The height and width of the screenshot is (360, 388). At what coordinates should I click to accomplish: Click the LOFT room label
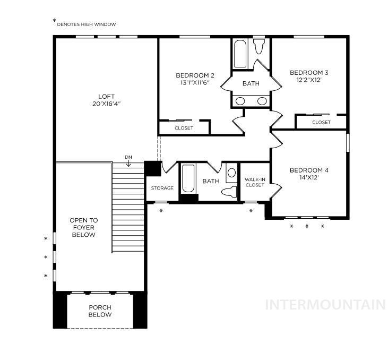tap(106, 97)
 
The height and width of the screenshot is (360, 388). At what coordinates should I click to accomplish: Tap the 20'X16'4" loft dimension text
tap(106, 104)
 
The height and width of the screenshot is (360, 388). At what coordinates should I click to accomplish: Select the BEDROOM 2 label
tap(195, 75)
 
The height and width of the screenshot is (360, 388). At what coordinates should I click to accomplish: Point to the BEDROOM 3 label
tap(309, 73)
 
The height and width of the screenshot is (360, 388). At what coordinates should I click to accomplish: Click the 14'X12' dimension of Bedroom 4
tap(309, 178)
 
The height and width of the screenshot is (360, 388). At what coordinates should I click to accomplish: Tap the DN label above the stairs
tap(128, 157)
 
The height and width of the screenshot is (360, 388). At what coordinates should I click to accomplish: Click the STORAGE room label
tap(162, 188)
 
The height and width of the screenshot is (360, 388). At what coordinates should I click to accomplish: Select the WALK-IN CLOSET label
tap(254, 182)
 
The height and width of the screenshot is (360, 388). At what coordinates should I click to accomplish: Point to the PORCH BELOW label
tap(100, 311)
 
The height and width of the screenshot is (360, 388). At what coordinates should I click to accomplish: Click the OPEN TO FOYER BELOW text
tap(83, 227)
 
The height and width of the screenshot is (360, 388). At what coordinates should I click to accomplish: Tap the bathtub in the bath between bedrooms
tap(240, 54)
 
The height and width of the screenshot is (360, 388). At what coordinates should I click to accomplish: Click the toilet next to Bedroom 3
tap(259, 47)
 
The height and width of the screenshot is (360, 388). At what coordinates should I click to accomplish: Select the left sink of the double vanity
tap(240, 101)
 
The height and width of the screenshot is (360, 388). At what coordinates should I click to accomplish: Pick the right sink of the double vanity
tap(262, 101)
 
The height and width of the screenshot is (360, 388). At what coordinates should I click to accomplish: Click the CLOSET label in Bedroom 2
tap(184, 128)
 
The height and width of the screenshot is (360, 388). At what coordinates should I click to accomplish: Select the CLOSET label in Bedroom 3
tap(321, 122)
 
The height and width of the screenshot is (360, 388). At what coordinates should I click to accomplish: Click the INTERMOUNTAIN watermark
tap(325, 305)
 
